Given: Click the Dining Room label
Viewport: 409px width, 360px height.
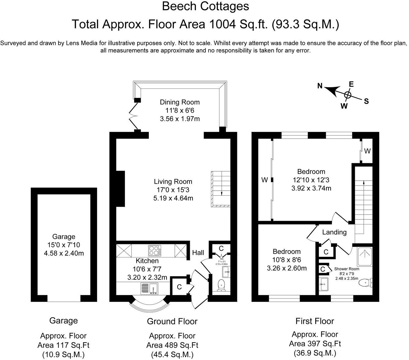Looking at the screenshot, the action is (180, 102).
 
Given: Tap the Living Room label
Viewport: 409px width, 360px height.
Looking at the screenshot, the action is (173, 182).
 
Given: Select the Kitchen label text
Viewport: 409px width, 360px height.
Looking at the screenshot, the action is (147, 261).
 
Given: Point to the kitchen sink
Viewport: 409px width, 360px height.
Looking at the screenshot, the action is (149, 288).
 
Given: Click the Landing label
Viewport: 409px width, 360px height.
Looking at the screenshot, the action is (334, 232).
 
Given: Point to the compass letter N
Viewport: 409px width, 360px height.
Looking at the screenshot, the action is (320, 86).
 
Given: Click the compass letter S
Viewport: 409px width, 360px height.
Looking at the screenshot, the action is (366, 101).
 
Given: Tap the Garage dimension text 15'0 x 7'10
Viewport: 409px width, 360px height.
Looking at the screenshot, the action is (64, 245).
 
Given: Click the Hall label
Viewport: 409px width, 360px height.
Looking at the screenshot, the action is (198, 253).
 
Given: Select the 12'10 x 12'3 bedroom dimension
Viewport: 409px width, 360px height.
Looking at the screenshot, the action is (311, 180).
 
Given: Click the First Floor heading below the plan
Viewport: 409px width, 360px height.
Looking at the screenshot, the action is (315, 321).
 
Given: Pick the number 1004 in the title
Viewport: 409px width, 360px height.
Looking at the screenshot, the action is (222, 24).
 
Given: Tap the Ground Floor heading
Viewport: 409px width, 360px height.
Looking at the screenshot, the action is (172, 321).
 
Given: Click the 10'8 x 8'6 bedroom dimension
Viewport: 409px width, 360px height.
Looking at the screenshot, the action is (287, 260).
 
